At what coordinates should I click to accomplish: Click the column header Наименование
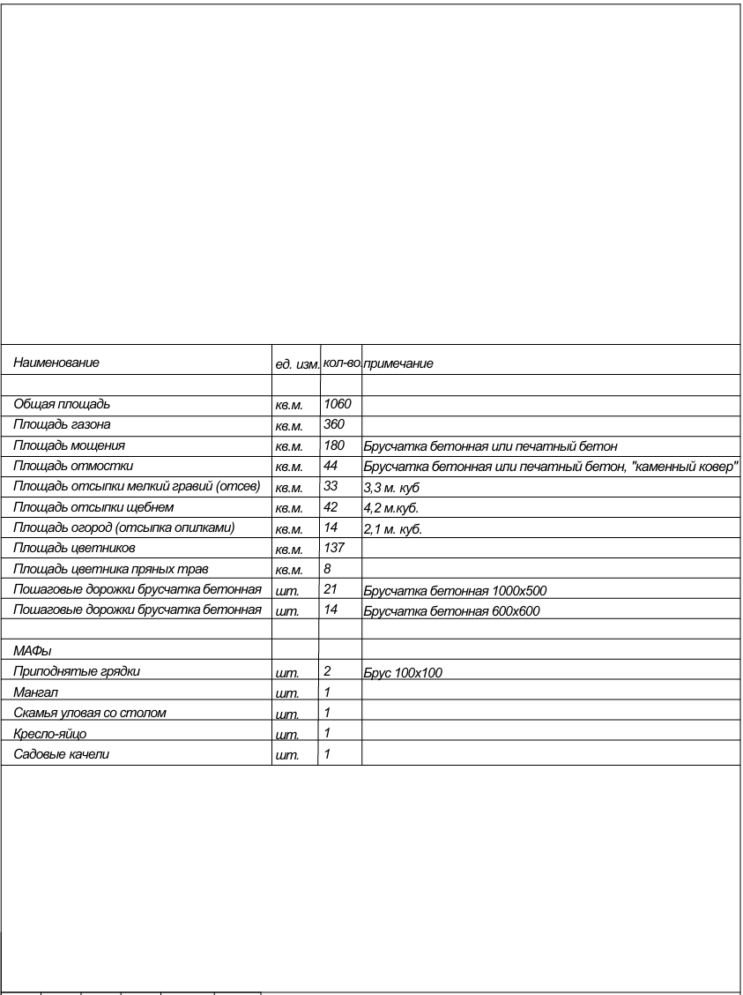point(56,363)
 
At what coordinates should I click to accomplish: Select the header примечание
point(398,363)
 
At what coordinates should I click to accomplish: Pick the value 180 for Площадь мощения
point(334,445)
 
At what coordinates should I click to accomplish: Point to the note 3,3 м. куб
point(392,486)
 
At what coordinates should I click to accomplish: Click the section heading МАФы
point(33,651)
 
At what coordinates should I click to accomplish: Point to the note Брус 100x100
point(403,673)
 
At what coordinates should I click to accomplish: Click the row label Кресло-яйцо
point(50,733)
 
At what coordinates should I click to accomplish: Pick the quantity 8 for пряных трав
point(327,569)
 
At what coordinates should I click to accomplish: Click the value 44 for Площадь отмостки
point(331,465)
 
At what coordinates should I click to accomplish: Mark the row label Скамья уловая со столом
point(90,712)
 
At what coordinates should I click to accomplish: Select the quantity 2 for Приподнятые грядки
point(327,671)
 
